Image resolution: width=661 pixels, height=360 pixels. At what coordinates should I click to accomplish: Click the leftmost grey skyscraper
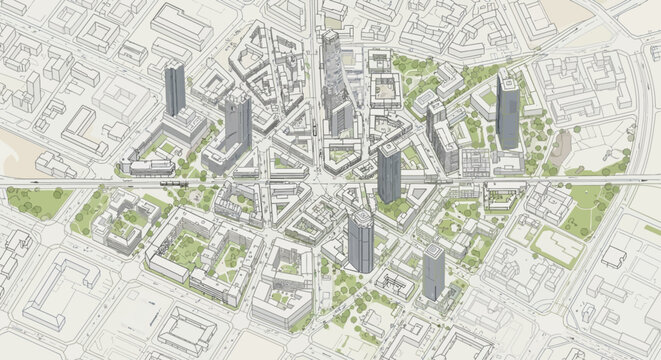(175, 88)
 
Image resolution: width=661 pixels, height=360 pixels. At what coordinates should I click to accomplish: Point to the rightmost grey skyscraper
(508, 110)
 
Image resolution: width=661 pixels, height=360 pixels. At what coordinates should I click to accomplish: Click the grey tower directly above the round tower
(389, 170)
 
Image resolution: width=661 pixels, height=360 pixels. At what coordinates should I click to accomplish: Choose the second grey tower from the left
(237, 120)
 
